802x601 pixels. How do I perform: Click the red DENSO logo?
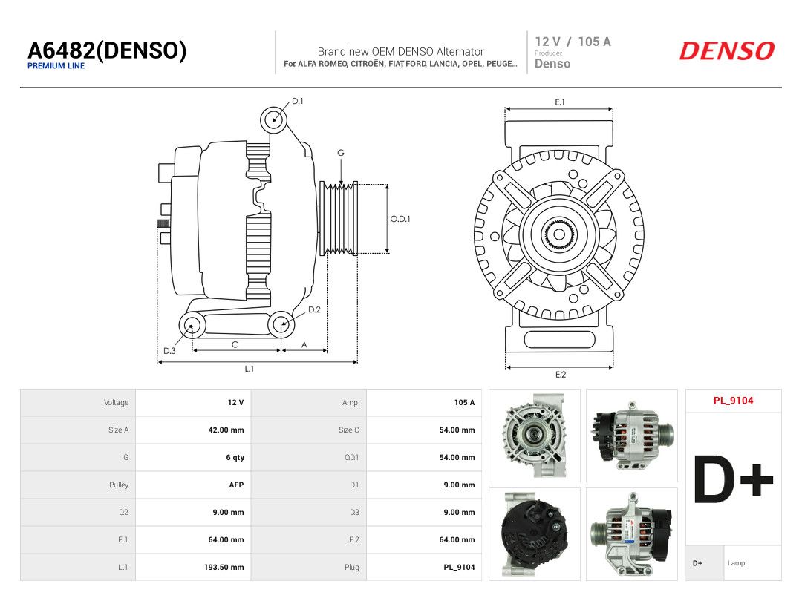click(727, 51)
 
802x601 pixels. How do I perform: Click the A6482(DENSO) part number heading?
click(107, 50)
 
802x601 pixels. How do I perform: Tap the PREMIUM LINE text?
click(56, 66)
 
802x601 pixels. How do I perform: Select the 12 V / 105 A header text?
click(573, 42)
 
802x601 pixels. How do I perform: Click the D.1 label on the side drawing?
click(297, 101)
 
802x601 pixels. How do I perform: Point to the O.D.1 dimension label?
click(400, 219)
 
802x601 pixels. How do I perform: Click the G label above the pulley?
click(341, 153)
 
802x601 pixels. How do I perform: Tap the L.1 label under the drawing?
click(249, 369)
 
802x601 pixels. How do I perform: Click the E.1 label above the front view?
click(560, 102)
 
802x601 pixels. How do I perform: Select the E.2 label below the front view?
click(561, 375)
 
